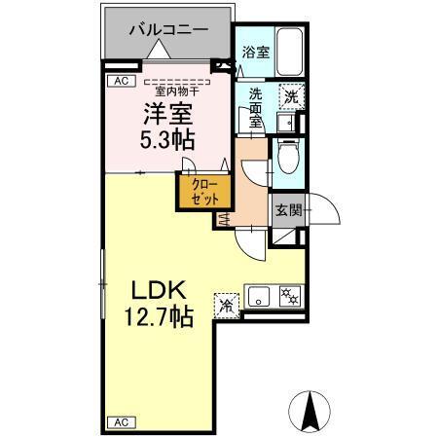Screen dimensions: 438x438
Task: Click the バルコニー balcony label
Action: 170,30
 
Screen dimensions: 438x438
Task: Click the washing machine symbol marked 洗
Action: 289,96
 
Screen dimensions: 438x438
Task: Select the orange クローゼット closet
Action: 203,192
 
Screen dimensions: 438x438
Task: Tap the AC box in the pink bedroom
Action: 121,81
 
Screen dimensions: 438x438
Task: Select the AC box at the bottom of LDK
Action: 121,421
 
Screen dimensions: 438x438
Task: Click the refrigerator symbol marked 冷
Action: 227,303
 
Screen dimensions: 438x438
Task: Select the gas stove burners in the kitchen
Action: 289,295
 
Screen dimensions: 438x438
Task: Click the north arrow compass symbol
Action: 310,412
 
